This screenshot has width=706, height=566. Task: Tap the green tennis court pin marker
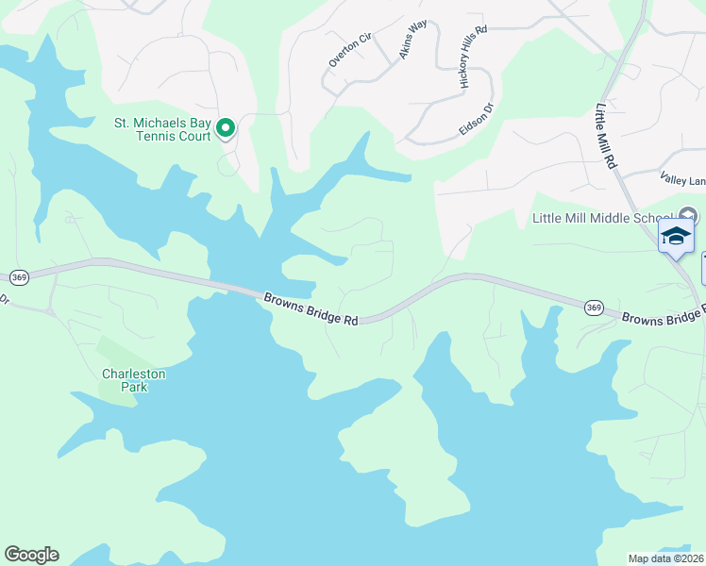coord(227,127)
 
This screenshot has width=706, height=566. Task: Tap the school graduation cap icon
coord(676,236)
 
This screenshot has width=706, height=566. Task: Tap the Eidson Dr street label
coord(476,121)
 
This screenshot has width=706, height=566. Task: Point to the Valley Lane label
coord(682,178)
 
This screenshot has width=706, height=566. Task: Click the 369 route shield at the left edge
coord(19,277)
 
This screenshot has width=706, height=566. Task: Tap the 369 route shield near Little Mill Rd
coord(594,308)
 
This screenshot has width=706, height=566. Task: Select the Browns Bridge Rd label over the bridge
coord(311,309)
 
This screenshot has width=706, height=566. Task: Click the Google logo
coord(31,555)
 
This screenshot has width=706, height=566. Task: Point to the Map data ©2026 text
coord(665,558)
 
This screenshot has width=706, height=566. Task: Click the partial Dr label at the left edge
coord(4,300)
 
